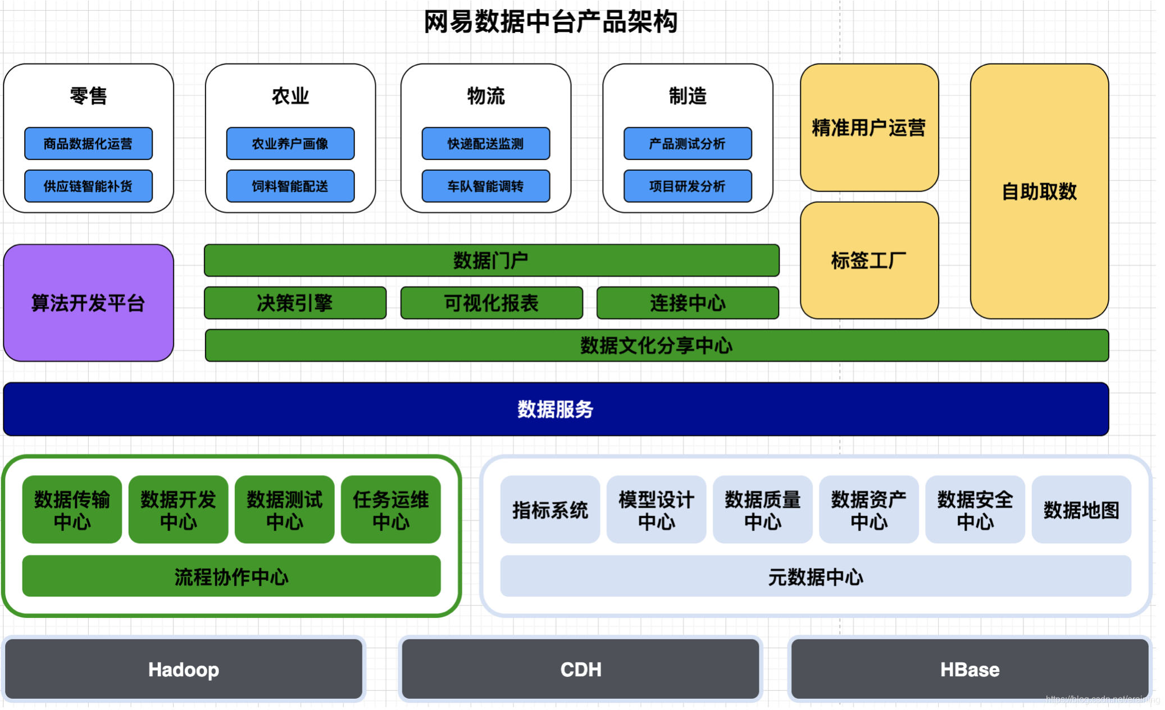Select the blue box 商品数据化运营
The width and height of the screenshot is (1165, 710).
coord(88,144)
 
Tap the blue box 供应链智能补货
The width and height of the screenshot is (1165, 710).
coord(88,186)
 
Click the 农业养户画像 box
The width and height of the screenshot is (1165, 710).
coord(290,144)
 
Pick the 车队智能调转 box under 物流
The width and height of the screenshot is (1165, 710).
coord(485,186)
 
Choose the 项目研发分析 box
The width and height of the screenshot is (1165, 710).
coord(687,186)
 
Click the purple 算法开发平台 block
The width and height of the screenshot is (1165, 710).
coord(88,303)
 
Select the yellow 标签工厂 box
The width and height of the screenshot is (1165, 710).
coord(868,261)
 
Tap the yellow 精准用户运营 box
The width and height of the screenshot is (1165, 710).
coord(868,128)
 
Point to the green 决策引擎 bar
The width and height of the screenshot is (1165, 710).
coord(295,303)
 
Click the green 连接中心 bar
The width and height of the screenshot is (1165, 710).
coord(688,303)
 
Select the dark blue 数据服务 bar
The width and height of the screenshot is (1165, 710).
coord(555,409)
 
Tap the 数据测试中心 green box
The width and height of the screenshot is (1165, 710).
coord(284,509)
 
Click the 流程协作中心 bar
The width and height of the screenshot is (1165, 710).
coord(231,576)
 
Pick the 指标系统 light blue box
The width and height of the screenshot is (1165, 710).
coord(549,509)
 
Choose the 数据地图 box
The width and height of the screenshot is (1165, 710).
coord(1081,509)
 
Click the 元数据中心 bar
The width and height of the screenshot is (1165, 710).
coord(815,576)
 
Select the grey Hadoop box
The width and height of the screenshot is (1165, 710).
coord(184,669)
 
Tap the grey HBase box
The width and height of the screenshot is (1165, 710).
coord(970,669)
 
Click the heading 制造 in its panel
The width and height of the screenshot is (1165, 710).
coord(687,96)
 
